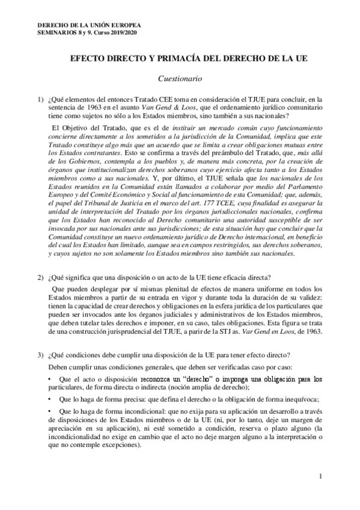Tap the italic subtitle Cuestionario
[180, 78]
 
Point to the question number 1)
[40, 99]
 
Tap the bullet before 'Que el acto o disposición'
[49, 379]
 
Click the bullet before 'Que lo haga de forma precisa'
[49, 401]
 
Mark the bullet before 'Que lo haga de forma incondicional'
[49, 414]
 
